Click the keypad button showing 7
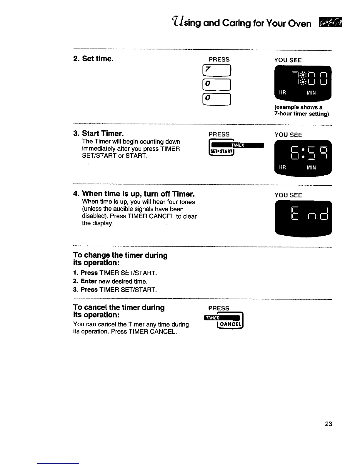(x=219, y=71)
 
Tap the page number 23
(x=329, y=424)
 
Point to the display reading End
(x=303, y=217)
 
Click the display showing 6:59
(x=303, y=158)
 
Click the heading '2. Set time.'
(x=93, y=59)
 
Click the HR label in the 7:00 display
(x=282, y=93)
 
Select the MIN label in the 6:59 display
(x=311, y=167)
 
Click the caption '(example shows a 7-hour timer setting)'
(x=301, y=111)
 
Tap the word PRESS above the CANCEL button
(x=219, y=308)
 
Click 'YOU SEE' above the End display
(x=288, y=195)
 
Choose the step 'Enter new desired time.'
(x=114, y=281)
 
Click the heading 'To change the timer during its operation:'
(x=120, y=259)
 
